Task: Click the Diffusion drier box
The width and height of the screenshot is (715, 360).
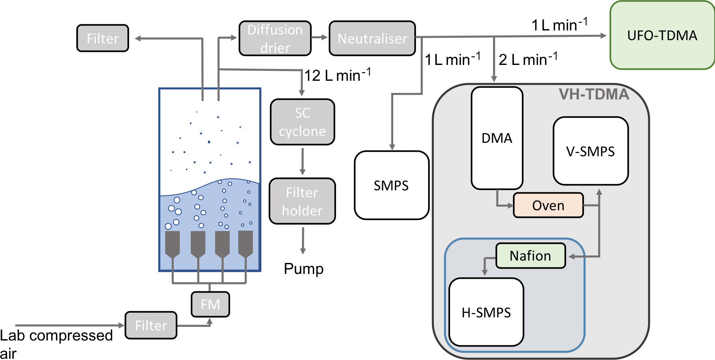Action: pos(275,39)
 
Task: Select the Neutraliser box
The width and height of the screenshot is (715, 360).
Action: pos(372,39)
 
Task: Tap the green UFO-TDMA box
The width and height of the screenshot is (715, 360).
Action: pos(662,35)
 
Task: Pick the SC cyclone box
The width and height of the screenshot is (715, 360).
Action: pos(302,122)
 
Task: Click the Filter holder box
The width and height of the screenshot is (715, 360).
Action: pos(302,201)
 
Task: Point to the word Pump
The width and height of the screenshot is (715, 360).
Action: pos(304,269)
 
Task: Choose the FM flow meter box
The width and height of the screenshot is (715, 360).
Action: pos(210,304)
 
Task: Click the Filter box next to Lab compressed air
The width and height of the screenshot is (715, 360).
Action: pos(151,326)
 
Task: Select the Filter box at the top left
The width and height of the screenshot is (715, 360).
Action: pos(103,39)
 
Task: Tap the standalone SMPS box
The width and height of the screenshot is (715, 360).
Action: pos(391,185)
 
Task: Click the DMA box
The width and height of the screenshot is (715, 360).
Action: pos(497,138)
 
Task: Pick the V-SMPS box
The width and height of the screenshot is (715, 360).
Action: pos(590,151)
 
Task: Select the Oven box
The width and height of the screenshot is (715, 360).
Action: pos(548,205)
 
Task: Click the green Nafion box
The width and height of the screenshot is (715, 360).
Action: pos(530,256)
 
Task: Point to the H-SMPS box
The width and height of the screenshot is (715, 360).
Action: pos(486,312)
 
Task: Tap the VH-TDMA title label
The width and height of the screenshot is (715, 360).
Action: pos(594,94)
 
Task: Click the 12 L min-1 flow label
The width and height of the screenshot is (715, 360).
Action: pos(338,75)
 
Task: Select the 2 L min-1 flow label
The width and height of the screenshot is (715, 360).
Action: pos(528,59)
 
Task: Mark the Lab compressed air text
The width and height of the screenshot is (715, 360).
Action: pos(56,343)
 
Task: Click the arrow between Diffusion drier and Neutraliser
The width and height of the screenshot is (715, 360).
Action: pos(320,37)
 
